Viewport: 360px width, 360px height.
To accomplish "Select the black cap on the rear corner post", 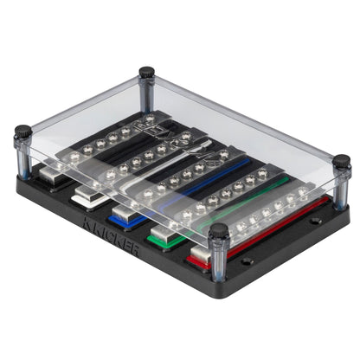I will click(x=147, y=72).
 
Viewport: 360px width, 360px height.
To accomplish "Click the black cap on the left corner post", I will click(x=22, y=133).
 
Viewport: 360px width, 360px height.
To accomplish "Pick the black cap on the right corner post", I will click(x=342, y=162).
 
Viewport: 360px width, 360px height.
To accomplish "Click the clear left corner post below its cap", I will click(x=23, y=156).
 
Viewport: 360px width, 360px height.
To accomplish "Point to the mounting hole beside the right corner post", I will click(x=317, y=221).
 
